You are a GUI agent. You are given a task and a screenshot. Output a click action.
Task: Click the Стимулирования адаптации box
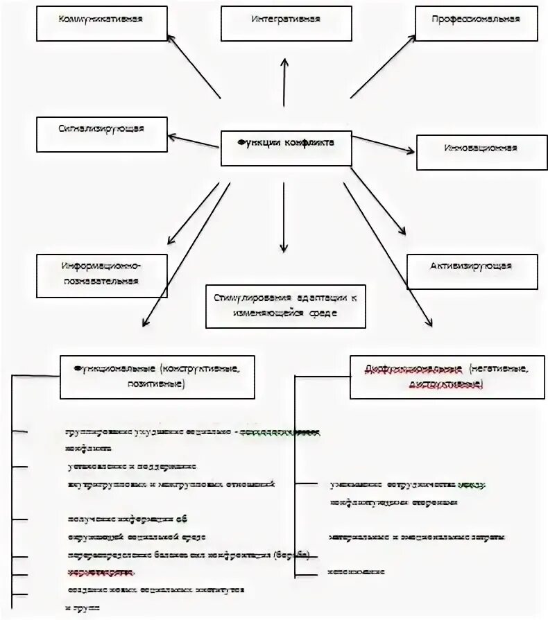(x=285, y=305)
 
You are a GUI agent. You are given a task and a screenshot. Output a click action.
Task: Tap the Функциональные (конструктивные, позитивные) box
(x=157, y=378)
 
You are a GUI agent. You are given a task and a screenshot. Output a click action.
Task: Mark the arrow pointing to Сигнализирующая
(x=194, y=139)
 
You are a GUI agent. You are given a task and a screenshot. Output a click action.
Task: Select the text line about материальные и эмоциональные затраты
(x=417, y=537)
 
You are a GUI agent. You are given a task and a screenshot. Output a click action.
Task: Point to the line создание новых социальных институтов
(x=156, y=589)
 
